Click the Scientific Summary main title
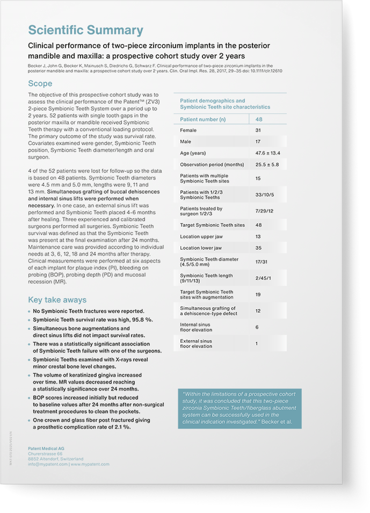click(x=85, y=30)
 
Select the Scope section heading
click(x=40, y=83)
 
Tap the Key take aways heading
click(x=57, y=300)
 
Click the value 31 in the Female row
click(x=258, y=131)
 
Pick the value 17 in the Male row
click(x=258, y=142)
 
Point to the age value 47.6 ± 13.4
click(x=267, y=153)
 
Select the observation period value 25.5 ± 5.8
click(x=267, y=164)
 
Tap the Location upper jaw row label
click(x=201, y=236)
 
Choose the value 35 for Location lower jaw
click(x=258, y=248)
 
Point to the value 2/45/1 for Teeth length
click(x=263, y=278)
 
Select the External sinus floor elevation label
click(x=196, y=344)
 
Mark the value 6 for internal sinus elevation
click(x=257, y=327)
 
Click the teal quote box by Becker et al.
click(x=240, y=408)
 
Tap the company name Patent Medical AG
click(x=46, y=449)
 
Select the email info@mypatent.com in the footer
click(x=47, y=464)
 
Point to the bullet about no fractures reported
click(x=88, y=311)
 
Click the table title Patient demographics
click(x=212, y=100)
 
